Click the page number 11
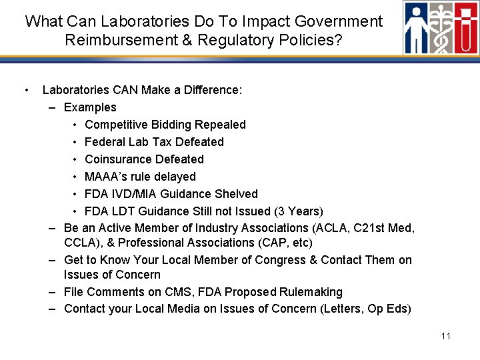[446, 336]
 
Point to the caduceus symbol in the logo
[442, 28]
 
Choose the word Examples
[90, 107]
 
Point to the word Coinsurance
[117, 159]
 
